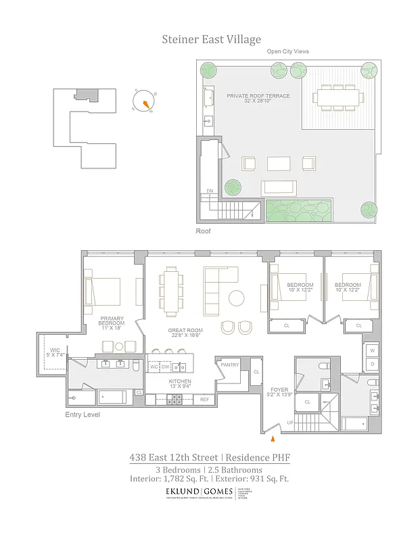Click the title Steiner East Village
(x=211, y=39)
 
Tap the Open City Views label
(x=288, y=51)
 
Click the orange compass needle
(x=145, y=103)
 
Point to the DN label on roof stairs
(x=209, y=191)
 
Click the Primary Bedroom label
(x=110, y=322)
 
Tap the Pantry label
(x=230, y=365)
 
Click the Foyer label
(x=279, y=390)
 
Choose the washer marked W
(x=371, y=350)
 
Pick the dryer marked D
(x=371, y=364)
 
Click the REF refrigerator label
(x=205, y=400)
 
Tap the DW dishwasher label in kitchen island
(x=165, y=367)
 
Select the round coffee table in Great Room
(x=237, y=298)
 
